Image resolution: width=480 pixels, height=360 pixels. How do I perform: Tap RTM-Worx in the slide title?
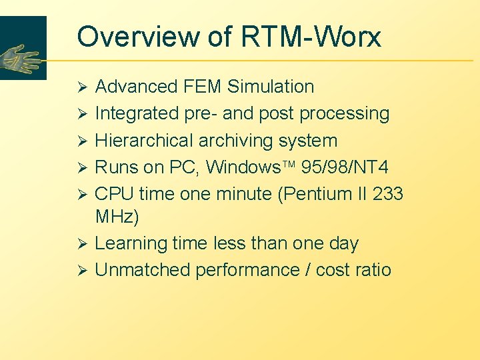[312, 37]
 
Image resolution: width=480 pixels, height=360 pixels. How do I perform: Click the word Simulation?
[271, 87]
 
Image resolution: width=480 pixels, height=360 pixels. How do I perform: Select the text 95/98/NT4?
[355, 167]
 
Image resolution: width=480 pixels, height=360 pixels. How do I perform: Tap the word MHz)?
[117, 217]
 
